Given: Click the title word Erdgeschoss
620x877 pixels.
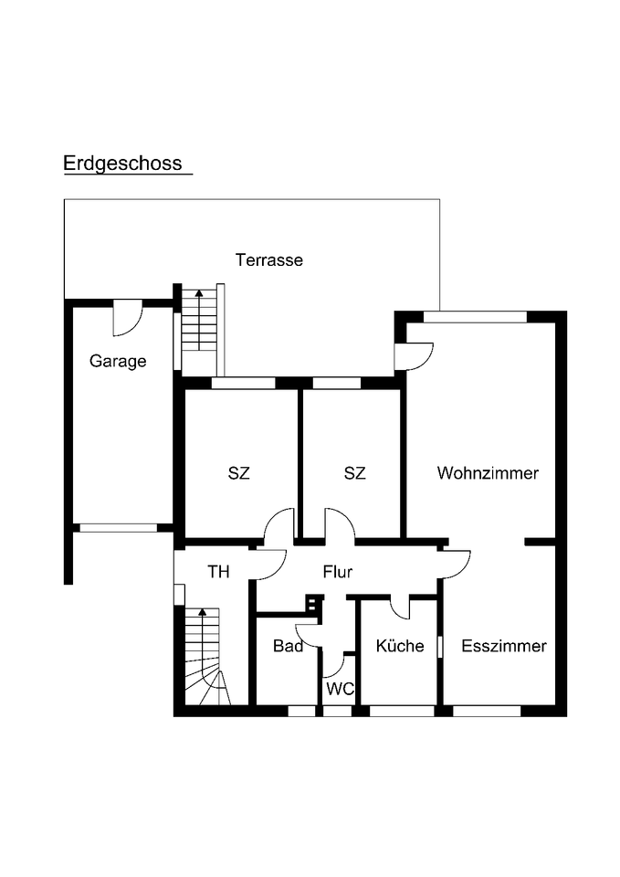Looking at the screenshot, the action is coord(122,164).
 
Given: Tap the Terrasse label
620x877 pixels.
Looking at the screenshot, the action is coord(269,260).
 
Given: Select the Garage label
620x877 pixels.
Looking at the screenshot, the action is coord(118,361).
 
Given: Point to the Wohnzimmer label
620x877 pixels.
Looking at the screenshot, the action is coord(488,473).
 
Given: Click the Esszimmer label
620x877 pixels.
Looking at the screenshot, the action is coord(504,646).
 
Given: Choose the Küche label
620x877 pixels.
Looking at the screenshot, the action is coord(400,646).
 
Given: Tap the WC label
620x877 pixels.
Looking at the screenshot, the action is coord(341,689).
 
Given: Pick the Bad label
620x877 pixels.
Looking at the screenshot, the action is coord(288,646).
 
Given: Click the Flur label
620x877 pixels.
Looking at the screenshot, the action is coord(338,573).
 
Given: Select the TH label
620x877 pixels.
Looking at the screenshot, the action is coord(218,573).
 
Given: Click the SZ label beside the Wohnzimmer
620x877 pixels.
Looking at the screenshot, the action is coord(355,473).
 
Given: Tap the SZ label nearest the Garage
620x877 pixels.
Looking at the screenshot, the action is coord(238,473).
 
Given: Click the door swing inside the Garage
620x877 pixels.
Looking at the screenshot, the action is coord(127,318).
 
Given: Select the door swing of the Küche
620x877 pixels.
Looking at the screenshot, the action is coord(400,607).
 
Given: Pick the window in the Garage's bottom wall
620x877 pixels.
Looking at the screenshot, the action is coord(118,527).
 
